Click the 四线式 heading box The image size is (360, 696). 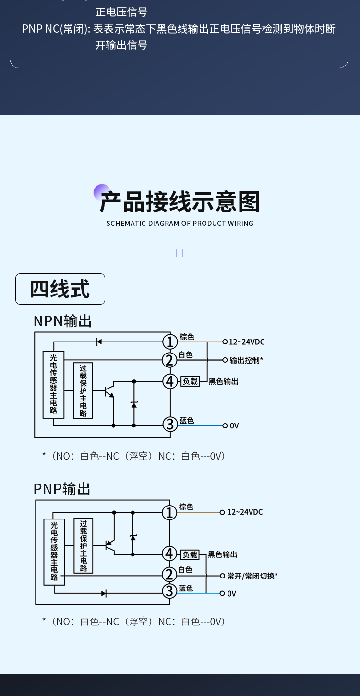pyautogui.click(x=60, y=289)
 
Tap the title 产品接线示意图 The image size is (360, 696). pyautogui.click(x=180, y=202)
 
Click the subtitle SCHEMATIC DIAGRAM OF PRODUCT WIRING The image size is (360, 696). pyautogui.click(x=180, y=223)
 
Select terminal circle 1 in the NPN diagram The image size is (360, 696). pyautogui.click(x=170, y=342)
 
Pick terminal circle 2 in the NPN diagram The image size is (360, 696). pyautogui.click(x=170, y=360)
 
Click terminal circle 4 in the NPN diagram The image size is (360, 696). pyautogui.click(x=170, y=381)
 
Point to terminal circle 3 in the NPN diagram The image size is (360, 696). pyautogui.click(x=170, y=424)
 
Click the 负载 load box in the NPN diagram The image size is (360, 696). pyautogui.click(x=190, y=381)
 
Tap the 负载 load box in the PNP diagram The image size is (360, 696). pyautogui.click(x=190, y=554)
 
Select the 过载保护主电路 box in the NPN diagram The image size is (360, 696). pyautogui.click(x=83, y=390)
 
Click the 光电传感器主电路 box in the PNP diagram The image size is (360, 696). pyautogui.click(x=54, y=552)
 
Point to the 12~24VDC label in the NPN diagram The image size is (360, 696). pyautogui.click(x=247, y=342)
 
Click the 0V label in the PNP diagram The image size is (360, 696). pyautogui.click(x=232, y=594)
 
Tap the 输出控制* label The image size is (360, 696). pyautogui.click(x=246, y=360)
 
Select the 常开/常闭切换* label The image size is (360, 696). pyautogui.click(x=252, y=576)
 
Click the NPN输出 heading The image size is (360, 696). pyautogui.click(x=62, y=321)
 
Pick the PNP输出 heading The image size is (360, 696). pyautogui.click(x=62, y=489)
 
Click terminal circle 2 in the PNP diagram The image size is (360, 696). pyautogui.click(x=169, y=574)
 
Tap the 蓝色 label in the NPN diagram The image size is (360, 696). pyautogui.click(x=187, y=421)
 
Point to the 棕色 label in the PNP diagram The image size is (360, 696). pyautogui.click(x=186, y=507)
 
